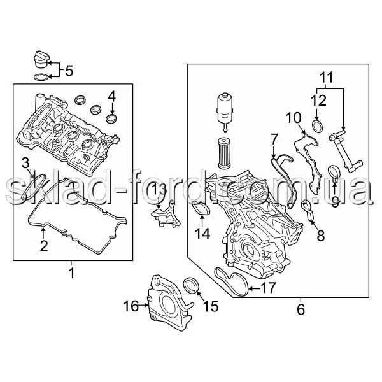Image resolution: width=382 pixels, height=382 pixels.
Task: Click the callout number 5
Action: [x=69, y=71]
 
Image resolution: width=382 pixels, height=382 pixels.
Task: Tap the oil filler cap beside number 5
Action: [x=41, y=59]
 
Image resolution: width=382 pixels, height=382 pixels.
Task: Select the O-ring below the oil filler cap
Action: [x=41, y=77]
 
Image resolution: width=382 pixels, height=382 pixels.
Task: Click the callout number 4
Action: [x=112, y=97]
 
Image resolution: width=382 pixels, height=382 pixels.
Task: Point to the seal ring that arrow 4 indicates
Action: [x=111, y=118]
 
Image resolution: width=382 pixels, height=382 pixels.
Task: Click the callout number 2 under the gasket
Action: [x=44, y=246]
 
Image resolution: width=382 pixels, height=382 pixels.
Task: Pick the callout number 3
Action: [x=25, y=163]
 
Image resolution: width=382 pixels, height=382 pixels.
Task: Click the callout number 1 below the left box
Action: [x=72, y=272]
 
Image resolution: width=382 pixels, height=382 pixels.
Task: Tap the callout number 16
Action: [x=131, y=306]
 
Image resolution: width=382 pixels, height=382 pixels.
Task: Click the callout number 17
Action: [x=269, y=288]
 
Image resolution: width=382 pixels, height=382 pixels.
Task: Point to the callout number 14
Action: [x=202, y=234]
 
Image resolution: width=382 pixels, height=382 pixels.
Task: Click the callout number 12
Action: [x=318, y=101]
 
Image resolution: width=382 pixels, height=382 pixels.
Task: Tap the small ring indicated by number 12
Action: [x=318, y=127]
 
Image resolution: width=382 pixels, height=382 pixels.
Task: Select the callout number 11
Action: [x=326, y=78]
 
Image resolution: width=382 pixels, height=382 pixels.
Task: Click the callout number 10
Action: [x=294, y=118]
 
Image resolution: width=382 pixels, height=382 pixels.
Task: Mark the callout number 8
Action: [x=321, y=236]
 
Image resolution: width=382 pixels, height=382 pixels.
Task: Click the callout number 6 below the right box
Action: [x=301, y=309]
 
